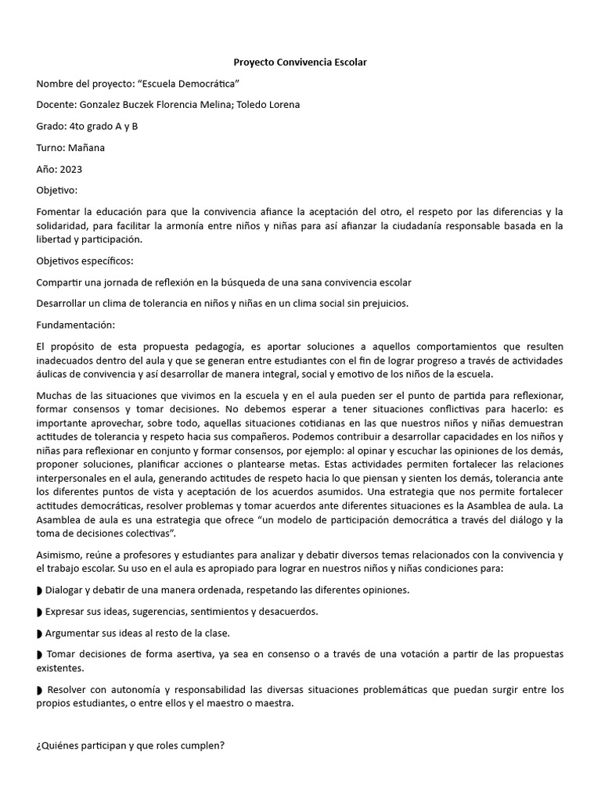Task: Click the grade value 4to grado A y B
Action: pos(103,126)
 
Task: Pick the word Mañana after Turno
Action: pos(86,147)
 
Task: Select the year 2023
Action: pos(69,168)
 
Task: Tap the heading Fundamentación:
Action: pos(76,324)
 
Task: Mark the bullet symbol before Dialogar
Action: pos(40,591)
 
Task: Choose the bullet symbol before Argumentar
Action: pos(40,633)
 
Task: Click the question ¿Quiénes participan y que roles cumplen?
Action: pos(130,745)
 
